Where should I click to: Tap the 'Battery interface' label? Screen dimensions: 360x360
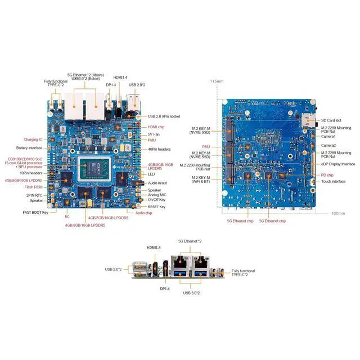click(x=30, y=148)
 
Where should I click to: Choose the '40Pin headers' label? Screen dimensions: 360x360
click(x=159, y=149)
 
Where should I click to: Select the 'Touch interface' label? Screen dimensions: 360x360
click(x=334, y=181)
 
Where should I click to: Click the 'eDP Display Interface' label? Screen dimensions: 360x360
click(x=338, y=164)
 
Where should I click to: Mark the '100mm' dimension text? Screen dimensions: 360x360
click(x=338, y=213)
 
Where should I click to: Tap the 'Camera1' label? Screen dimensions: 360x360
click(x=328, y=136)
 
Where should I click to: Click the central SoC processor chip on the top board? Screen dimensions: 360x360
click(x=94, y=167)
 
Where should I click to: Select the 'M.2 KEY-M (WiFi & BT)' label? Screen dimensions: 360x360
click(x=199, y=180)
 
